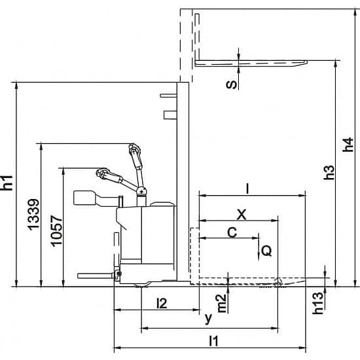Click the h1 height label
click(x=7, y=183)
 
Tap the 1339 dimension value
click(x=34, y=215)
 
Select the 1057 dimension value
click(x=56, y=231)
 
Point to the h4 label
click(x=348, y=145)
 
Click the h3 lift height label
click(x=329, y=172)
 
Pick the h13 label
click(x=318, y=303)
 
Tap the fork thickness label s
click(x=231, y=84)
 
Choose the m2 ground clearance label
click(x=222, y=304)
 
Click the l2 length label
click(x=162, y=304)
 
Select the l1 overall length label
click(x=214, y=341)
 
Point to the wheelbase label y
click(x=208, y=319)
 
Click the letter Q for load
click(x=267, y=251)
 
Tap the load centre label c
click(x=232, y=232)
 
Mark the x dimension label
click(x=242, y=215)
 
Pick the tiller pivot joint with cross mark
click(x=141, y=190)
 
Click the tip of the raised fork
click(x=307, y=62)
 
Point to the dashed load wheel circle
click(x=278, y=283)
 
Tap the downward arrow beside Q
click(x=259, y=247)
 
